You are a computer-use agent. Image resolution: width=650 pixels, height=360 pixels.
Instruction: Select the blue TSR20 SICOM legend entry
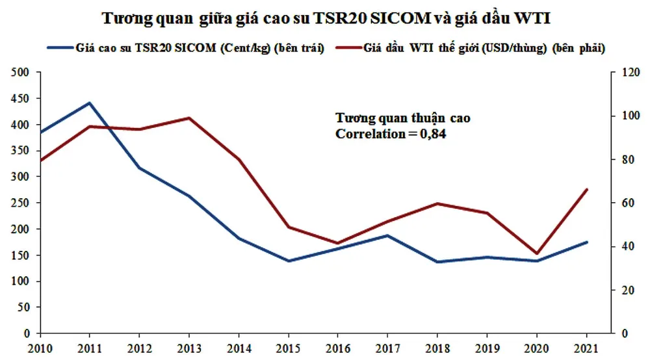click(185, 48)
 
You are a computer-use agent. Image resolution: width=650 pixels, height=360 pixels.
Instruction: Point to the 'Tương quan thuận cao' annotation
click(402, 119)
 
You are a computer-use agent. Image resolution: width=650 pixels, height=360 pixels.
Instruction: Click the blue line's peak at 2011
click(90, 103)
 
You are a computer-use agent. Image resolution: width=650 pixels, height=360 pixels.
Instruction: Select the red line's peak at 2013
click(189, 118)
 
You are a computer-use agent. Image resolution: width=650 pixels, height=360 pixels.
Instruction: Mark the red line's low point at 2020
click(537, 253)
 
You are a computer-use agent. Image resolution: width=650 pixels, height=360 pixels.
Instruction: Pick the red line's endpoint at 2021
click(587, 189)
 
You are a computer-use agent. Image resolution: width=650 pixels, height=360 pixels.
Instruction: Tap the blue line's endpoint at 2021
click(587, 242)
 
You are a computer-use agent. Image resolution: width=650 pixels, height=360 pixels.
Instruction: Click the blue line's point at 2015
click(289, 261)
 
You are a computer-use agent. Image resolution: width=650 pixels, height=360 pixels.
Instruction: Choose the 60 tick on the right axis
click(621, 203)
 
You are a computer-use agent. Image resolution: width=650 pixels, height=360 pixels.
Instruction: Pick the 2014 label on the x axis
click(239, 349)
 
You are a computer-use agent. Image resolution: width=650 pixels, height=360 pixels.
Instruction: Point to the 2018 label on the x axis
click(437, 349)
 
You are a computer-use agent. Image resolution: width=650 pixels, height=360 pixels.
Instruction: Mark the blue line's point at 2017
click(388, 235)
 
